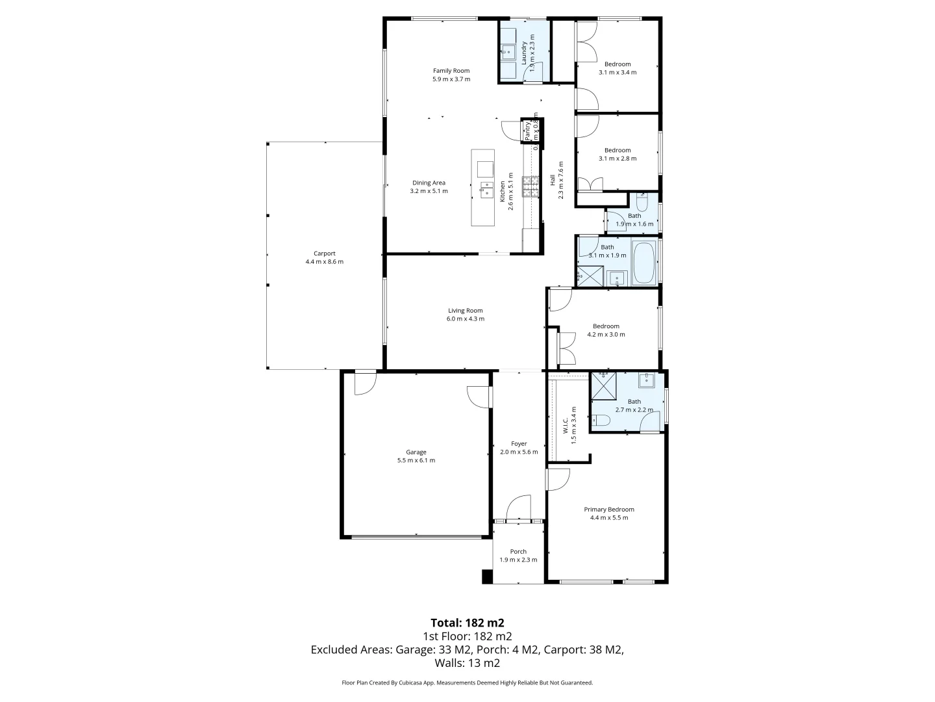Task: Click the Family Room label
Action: tap(451, 71)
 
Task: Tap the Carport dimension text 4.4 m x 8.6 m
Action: tap(324, 262)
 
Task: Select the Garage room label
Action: tap(416, 452)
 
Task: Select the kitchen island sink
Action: tap(485, 190)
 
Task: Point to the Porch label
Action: tap(518, 551)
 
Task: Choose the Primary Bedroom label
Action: tap(608, 509)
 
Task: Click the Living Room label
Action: tap(465, 310)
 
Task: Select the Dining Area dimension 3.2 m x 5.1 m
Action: tap(429, 191)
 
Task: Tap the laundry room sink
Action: tap(507, 51)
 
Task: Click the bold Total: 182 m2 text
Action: tap(467, 622)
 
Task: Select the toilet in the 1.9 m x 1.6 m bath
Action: tap(641, 201)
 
